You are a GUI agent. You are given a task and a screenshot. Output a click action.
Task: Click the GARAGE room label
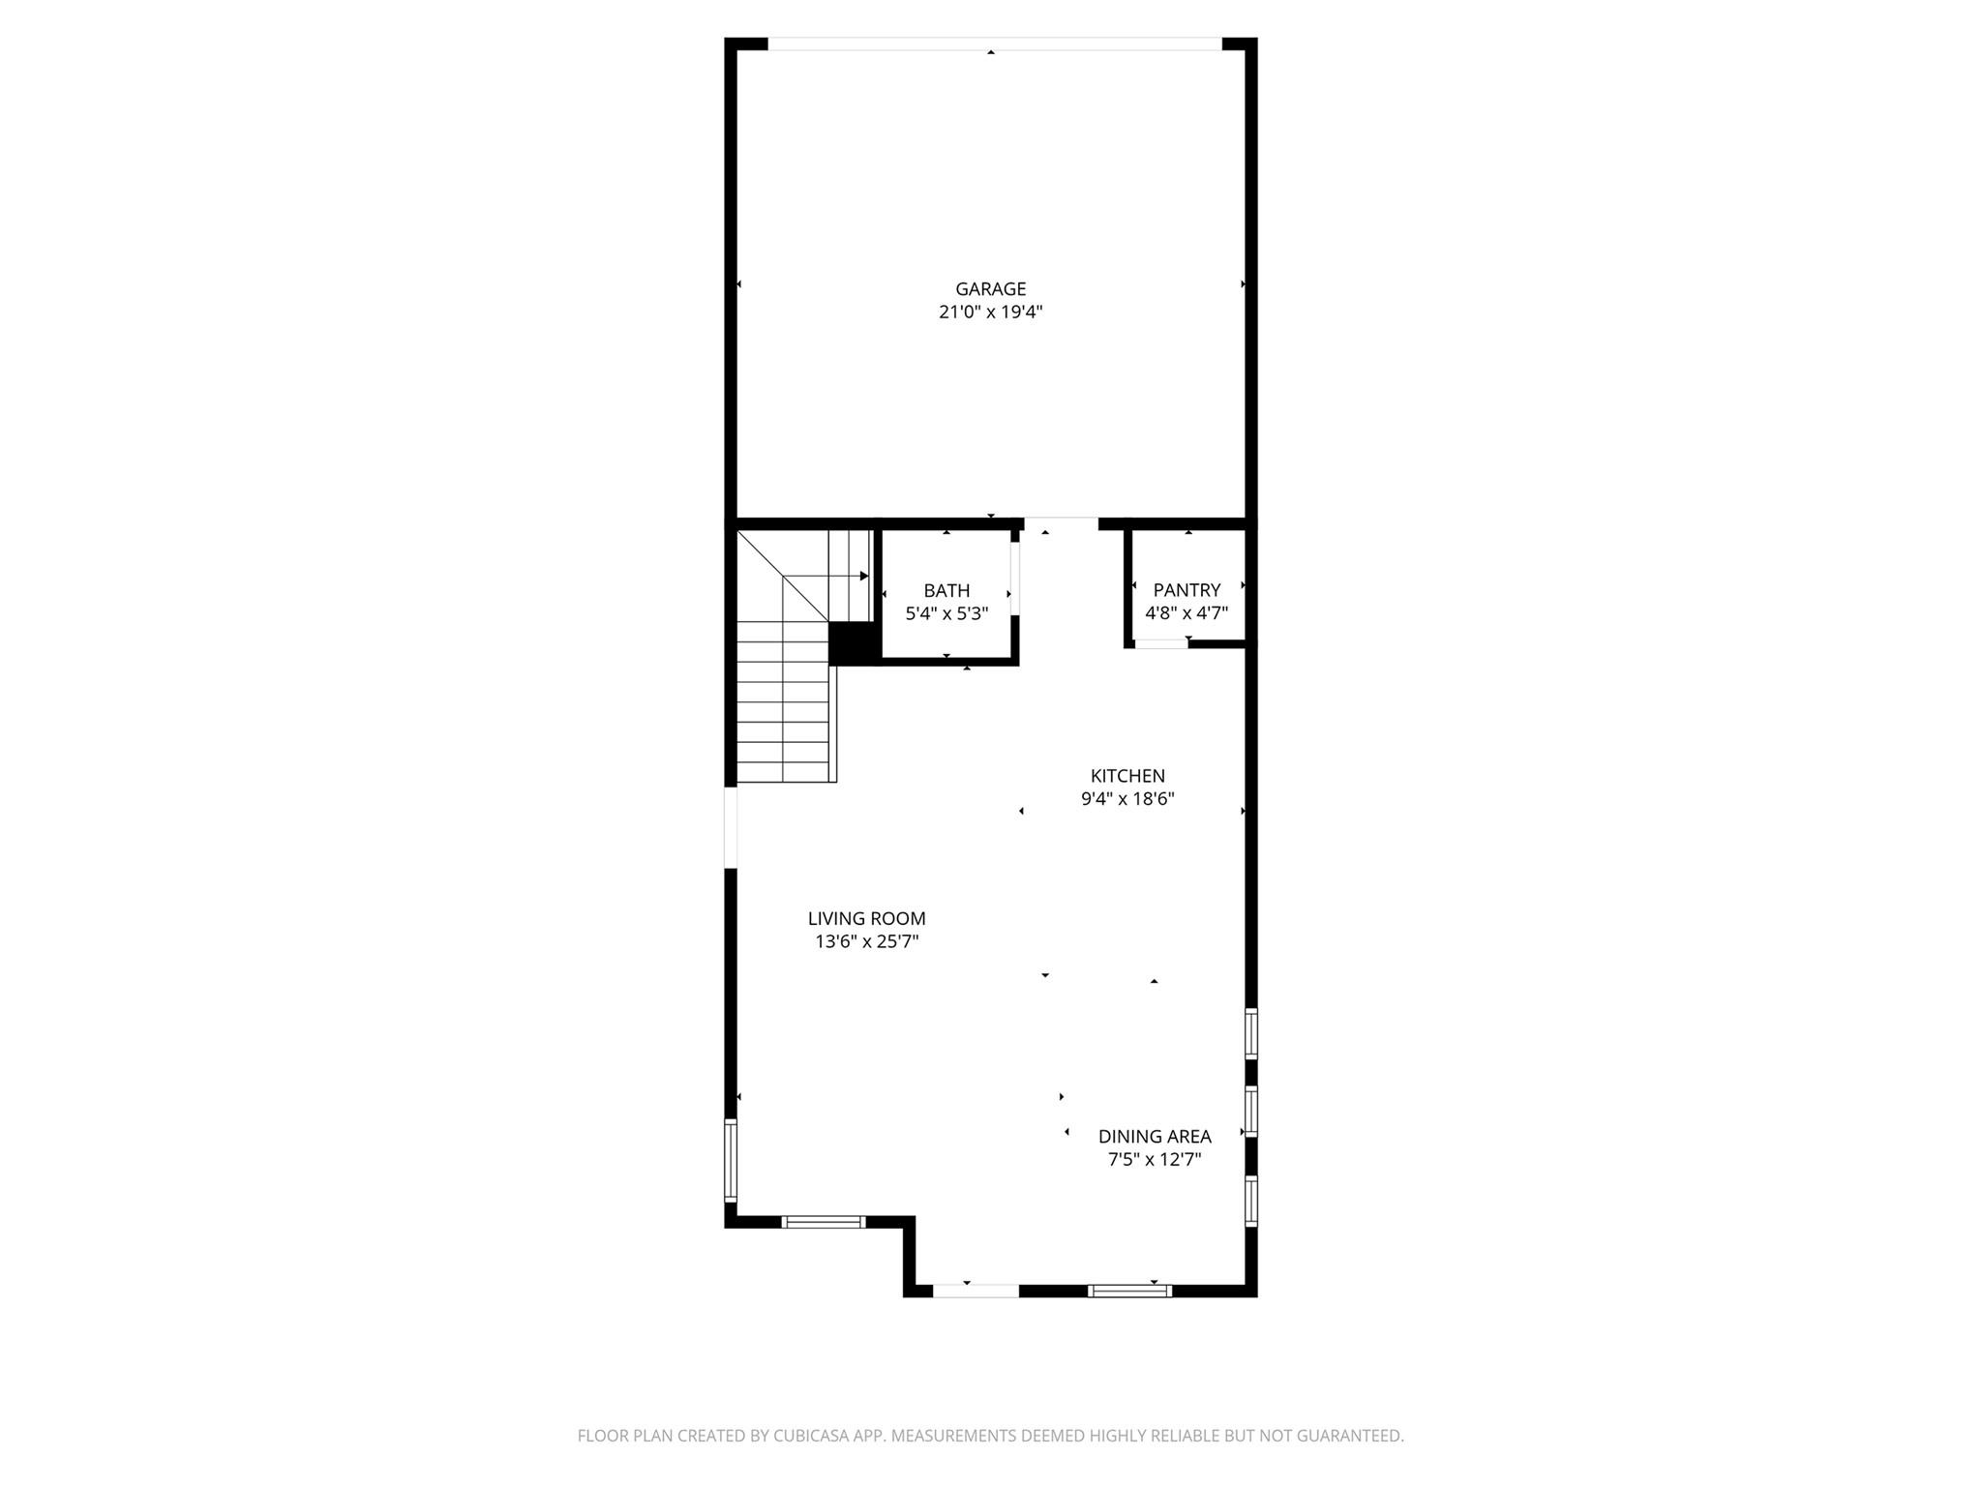pyautogui.click(x=990, y=288)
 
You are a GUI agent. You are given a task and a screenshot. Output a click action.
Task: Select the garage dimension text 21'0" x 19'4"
pyautogui.click(x=990, y=312)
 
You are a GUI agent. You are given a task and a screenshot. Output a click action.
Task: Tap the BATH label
pyautogui.click(x=946, y=590)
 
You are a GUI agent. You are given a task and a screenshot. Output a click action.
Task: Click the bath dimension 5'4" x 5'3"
pyautogui.click(x=946, y=613)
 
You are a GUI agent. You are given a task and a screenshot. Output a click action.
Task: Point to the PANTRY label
pyautogui.click(x=1186, y=590)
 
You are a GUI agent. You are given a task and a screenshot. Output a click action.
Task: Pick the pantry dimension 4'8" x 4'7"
pyautogui.click(x=1186, y=613)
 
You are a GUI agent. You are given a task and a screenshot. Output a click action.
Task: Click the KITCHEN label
pyautogui.click(x=1127, y=776)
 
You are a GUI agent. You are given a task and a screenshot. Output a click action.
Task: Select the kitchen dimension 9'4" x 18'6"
pyautogui.click(x=1127, y=799)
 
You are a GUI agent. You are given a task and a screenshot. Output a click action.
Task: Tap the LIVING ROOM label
pyautogui.click(x=866, y=919)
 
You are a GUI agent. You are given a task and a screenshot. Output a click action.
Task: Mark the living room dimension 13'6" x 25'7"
pyautogui.click(x=866, y=942)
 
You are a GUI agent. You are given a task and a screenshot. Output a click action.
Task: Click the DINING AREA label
pyautogui.click(x=1155, y=1137)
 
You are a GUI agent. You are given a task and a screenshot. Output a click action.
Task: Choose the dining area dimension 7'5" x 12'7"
pyautogui.click(x=1155, y=1160)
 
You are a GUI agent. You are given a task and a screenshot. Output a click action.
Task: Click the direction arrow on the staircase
pyautogui.click(x=861, y=576)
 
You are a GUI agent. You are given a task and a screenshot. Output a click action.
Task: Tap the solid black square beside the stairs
pyautogui.click(x=852, y=643)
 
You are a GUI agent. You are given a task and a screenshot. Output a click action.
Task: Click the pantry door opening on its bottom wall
pyautogui.click(x=1160, y=643)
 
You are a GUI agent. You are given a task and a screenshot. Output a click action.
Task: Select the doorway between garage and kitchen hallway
pyautogui.click(x=1061, y=523)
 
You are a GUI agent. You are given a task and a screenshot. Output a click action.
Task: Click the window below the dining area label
pyautogui.click(x=1129, y=1291)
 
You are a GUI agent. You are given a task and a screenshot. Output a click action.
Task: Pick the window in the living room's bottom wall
pyautogui.click(x=823, y=1222)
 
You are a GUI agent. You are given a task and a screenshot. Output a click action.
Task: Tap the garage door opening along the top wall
pyautogui.click(x=994, y=44)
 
